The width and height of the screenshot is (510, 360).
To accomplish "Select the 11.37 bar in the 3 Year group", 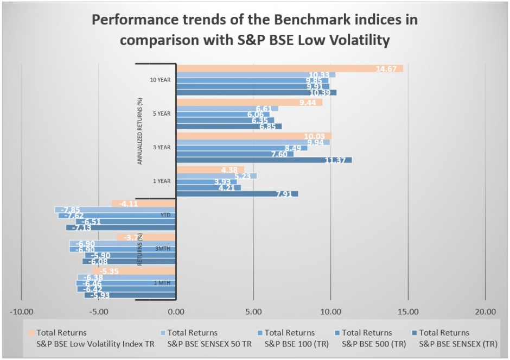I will [x=264, y=160].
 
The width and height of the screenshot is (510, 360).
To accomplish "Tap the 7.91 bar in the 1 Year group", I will [x=237, y=194].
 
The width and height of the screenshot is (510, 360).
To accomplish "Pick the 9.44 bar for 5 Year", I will [x=250, y=102].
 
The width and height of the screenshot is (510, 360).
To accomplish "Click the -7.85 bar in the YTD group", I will [x=115, y=210].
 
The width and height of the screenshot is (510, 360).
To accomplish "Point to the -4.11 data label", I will [x=122, y=204].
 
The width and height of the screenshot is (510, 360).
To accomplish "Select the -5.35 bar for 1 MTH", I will [x=134, y=271].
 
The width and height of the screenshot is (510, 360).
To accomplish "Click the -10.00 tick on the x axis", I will [x=21, y=312].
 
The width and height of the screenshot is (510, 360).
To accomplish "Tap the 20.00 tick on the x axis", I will [x=485, y=312].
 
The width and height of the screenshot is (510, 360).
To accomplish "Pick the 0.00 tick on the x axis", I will [x=176, y=312].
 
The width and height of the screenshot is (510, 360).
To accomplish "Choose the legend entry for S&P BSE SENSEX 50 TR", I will [x=209, y=338].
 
